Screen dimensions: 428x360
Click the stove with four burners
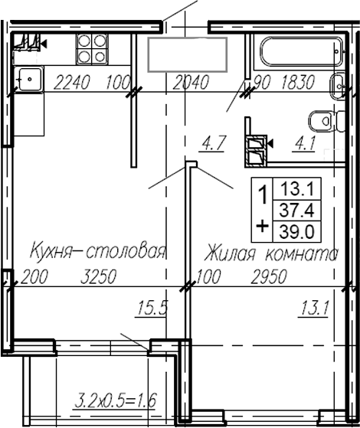coord(90,49)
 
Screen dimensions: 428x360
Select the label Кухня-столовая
coord(97,252)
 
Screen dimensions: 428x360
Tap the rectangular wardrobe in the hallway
coord(187,53)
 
